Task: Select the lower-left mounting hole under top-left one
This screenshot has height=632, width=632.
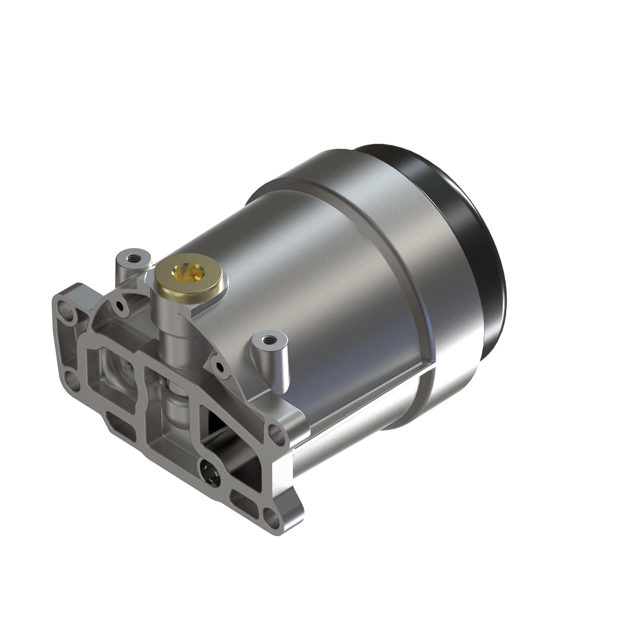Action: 70,378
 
